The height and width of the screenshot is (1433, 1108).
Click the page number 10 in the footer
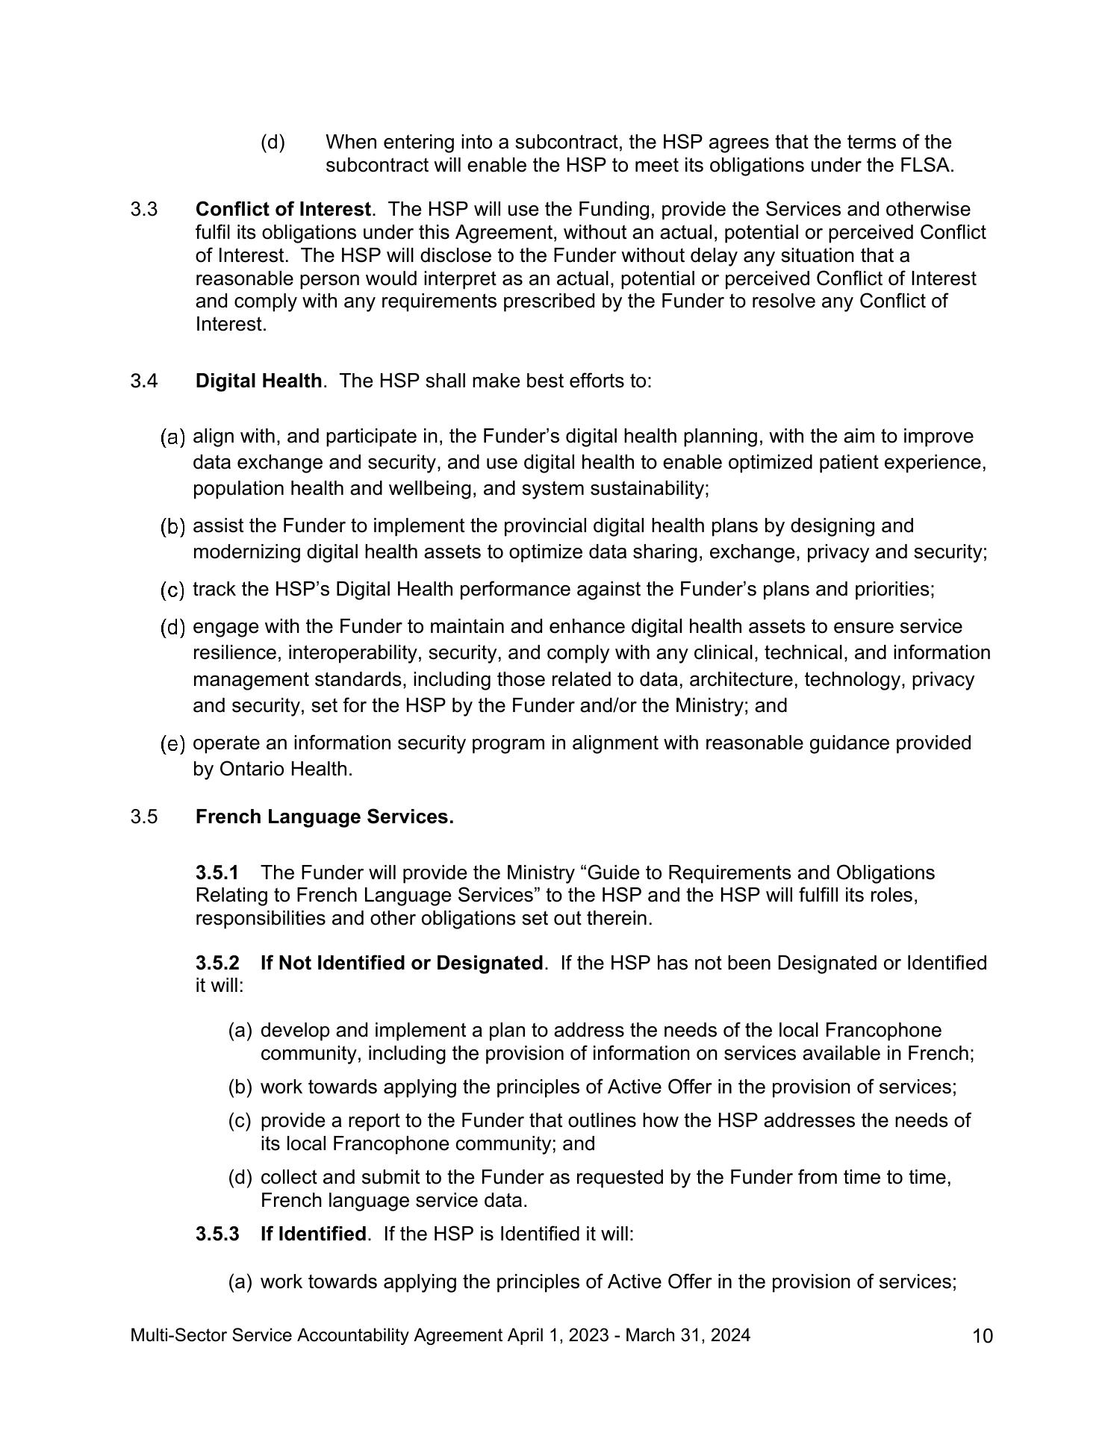[x=983, y=1336]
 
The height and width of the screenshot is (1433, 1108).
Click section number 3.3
[x=144, y=209]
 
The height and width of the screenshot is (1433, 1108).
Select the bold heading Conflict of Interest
[x=283, y=209]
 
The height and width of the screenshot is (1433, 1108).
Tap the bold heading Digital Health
[x=258, y=381]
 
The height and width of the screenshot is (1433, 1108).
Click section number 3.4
[x=144, y=381]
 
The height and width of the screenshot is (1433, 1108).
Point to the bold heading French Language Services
[x=324, y=817]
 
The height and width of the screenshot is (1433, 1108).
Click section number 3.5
[x=144, y=817]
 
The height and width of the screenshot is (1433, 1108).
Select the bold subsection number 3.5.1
[x=217, y=872]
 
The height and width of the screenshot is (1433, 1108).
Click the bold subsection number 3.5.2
[x=217, y=963]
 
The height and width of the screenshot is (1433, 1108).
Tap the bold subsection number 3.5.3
[x=217, y=1234]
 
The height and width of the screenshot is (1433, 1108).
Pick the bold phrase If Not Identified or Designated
[x=401, y=963]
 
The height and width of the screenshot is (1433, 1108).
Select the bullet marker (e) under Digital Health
[x=173, y=743]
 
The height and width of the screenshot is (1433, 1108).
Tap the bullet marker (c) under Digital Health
[x=173, y=590]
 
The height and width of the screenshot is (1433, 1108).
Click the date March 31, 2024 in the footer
[x=688, y=1335]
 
